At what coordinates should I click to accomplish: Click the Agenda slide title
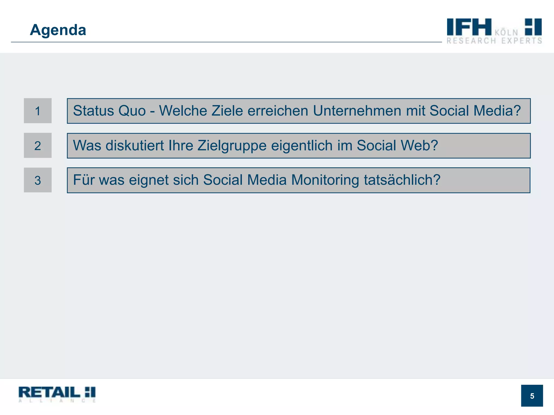(58, 30)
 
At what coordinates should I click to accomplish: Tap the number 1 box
(38, 111)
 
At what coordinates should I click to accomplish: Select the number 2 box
(38, 146)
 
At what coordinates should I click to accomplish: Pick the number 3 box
(38, 180)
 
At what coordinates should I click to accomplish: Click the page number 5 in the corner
(532, 396)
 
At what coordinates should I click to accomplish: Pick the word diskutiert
(135, 146)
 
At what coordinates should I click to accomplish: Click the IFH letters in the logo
(469, 27)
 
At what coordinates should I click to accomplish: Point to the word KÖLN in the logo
(506, 33)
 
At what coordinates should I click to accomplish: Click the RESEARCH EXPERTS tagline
(494, 41)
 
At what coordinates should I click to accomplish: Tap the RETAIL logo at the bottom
(57, 394)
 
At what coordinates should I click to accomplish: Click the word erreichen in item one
(278, 111)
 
